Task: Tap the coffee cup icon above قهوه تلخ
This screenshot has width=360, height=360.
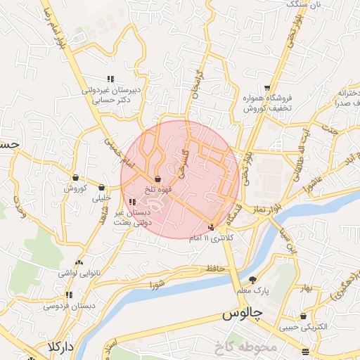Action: pyautogui.click(x=157, y=179)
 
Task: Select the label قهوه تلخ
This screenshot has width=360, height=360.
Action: pyautogui.click(x=157, y=190)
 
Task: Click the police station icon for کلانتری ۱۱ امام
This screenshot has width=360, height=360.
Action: pyautogui.click(x=212, y=226)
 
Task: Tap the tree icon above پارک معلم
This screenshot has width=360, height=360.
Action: pyautogui.click(x=253, y=279)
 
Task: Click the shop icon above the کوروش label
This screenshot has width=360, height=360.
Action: pyautogui.click(x=75, y=178)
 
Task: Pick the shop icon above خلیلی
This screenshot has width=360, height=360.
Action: pyautogui.click(x=102, y=188)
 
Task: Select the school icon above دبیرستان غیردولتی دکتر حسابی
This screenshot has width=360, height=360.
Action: pyautogui.click(x=109, y=78)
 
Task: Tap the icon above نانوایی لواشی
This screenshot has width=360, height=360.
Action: pyautogui.click(x=79, y=262)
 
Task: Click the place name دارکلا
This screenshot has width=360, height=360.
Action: pyautogui.click(x=61, y=347)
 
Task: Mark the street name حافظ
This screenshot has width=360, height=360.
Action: pyautogui.click(x=215, y=268)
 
